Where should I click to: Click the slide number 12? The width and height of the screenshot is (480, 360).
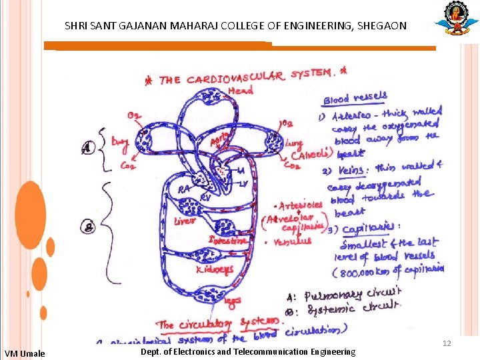click(x=447, y=343)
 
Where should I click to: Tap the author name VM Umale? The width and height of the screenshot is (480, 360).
click(x=25, y=353)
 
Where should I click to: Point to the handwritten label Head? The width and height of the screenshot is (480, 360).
click(x=240, y=90)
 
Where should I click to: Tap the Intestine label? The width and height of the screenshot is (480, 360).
click(x=228, y=240)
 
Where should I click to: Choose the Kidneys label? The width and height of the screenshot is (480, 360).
click(x=215, y=269)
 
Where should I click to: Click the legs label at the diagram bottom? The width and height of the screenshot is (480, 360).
click(x=233, y=301)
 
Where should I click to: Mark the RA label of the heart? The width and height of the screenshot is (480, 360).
click(x=185, y=189)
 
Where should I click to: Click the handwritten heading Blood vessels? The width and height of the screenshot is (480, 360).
click(x=355, y=98)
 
